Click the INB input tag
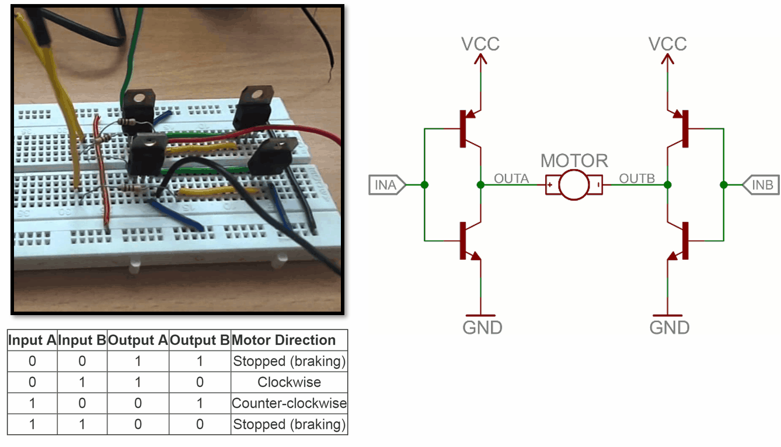click(761, 186)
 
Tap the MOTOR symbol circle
click(574, 186)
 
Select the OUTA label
click(511, 178)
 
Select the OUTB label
click(637, 178)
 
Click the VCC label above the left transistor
click(480, 44)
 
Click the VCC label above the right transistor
click(668, 44)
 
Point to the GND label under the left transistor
click(482, 327)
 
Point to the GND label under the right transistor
click(670, 327)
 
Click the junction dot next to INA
click(424, 185)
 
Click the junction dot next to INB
click(723, 185)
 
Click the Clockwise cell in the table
click(289, 382)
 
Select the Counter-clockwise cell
click(289, 403)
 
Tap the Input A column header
click(32, 340)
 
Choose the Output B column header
click(200, 340)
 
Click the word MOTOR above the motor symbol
click(574, 160)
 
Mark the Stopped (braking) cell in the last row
click(289, 424)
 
